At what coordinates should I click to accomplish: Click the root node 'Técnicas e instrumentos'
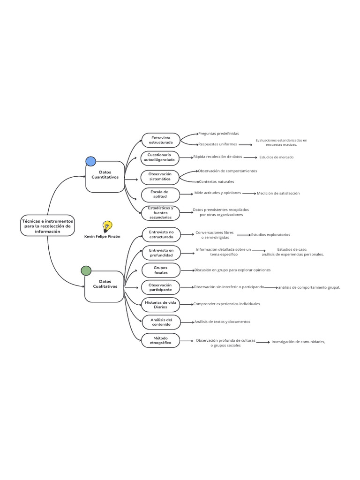[x=47, y=225]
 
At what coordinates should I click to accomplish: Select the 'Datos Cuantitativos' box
[x=105, y=176]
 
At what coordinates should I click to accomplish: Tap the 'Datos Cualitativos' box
[x=104, y=285]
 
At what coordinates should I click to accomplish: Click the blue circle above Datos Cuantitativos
[x=90, y=161]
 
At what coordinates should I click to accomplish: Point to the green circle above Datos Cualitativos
[x=86, y=270]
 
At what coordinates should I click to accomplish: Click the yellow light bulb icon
[x=107, y=227]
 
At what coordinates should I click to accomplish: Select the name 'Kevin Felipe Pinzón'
[x=102, y=237]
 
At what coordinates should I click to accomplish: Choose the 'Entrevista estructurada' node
[x=161, y=140]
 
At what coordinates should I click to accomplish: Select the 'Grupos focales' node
[x=161, y=270]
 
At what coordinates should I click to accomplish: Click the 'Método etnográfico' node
[x=161, y=340]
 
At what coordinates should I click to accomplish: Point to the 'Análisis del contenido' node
[x=161, y=322]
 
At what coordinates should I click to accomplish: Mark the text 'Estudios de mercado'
[x=276, y=157]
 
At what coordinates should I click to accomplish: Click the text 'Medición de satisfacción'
[x=278, y=193]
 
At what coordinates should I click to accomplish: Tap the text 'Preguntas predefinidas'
[x=218, y=134]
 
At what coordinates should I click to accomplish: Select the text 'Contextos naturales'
[x=216, y=182]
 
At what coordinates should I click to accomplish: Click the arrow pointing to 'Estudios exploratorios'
[x=244, y=235]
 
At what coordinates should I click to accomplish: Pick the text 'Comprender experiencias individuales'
[x=226, y=304]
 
